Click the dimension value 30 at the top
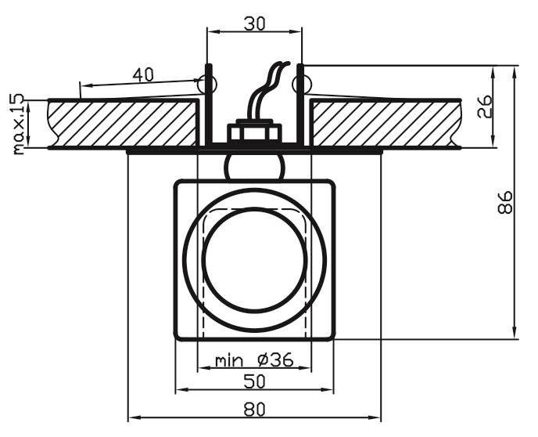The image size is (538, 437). pos(255,24)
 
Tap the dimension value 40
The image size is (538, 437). pos(143,75)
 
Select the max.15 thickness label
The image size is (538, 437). pos(18,124)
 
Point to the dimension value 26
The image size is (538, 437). pos(485,107)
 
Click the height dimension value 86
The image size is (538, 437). pos(504,203)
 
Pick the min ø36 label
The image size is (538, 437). pos(254,360)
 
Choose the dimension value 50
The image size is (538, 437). pos(254,381)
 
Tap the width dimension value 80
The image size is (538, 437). pos(255,410)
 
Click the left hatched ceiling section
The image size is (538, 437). pos(123,123)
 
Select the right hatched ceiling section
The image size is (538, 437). pos(386,123)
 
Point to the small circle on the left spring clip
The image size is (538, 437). pos(207,84)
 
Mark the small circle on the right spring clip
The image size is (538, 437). pos(302,84)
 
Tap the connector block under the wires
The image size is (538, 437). pos(254,131)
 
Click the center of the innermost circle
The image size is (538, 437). pos(254,260)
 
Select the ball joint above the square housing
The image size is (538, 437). pos(254,168)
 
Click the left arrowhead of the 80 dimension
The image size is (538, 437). pos(133,417)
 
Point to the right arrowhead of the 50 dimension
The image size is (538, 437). pos(328,389)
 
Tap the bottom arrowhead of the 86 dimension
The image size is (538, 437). pos(515,333)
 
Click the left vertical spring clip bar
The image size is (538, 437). pos(209,104)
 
